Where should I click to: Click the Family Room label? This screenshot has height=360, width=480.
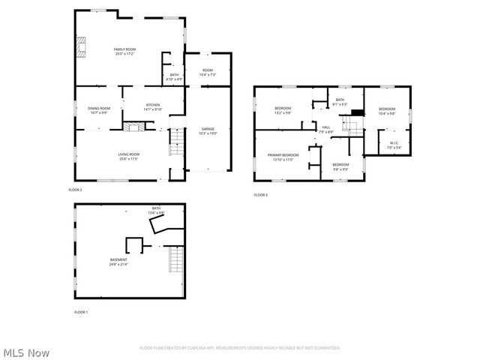(x=124, y=51)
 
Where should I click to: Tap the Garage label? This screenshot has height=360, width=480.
(x=208, y=130)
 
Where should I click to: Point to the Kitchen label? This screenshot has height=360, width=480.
(x=153, y=106)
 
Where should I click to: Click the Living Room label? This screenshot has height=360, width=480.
(x=128, y=156)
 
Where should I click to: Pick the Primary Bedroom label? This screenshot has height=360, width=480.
(x=283, y=157)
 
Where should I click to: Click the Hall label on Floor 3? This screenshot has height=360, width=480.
(x=326, y=129)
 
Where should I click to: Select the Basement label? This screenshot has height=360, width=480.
(x=118, y=262)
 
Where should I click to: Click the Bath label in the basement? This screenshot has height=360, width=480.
(x=156, y=210)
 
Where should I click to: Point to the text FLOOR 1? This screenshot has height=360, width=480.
(x=80, y=311)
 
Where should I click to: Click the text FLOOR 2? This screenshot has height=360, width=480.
(x=75, y=190)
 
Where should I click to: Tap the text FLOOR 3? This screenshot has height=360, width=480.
(x=260, y=195)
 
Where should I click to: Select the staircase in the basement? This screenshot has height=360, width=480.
(x=175, y=261)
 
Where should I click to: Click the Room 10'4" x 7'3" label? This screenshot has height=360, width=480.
(x=208, y=73)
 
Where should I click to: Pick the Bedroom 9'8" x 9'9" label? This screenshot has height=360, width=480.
(x=340, y=166)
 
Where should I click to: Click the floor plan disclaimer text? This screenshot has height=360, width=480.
(x=240, y=348)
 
